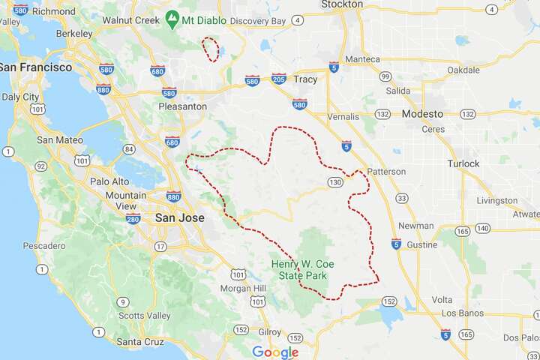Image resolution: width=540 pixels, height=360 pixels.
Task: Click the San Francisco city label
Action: tap(36, 67)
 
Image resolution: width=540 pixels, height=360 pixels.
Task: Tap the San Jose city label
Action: tap(180, 217)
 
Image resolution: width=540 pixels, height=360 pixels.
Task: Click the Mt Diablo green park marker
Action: tap(172, 16)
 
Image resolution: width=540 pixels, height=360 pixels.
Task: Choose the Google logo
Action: tap(275, 352)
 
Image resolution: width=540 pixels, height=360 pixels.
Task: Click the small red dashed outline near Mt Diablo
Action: tap(212, 49)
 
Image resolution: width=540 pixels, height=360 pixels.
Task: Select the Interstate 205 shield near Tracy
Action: tap(278, 79)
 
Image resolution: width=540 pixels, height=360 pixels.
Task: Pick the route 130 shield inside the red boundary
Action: tap(334, 182)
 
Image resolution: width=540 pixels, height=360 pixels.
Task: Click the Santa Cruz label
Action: tap(141, 342)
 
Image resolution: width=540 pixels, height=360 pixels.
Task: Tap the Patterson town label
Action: tap(387, 172)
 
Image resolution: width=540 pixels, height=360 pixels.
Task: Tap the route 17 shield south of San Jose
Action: tap(160, 246)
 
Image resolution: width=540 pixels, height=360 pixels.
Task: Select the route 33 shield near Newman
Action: tap(403, 198)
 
